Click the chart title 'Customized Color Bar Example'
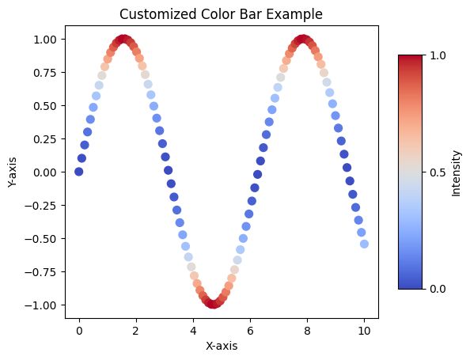221,14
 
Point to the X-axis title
221,346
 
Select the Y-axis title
13,172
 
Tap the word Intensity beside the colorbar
456,172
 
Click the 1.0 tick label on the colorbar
438,55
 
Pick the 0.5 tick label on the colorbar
438,172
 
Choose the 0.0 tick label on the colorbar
438,289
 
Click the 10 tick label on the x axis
364,330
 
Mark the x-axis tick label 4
193,330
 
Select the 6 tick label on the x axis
250,330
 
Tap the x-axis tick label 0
78,330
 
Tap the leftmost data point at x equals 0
78,172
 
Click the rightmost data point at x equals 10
364,244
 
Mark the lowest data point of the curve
213,305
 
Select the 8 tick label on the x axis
307,330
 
